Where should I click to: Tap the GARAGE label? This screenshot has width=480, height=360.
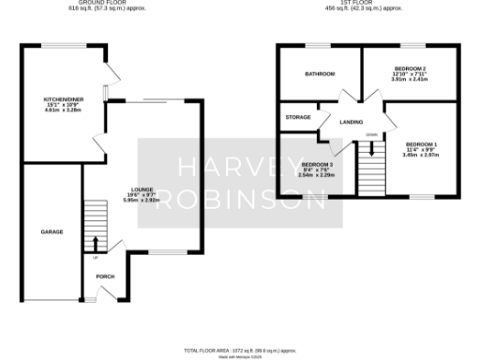(51, 231)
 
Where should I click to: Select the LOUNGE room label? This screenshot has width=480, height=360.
(142, 189)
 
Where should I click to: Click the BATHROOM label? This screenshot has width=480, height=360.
(320, 74)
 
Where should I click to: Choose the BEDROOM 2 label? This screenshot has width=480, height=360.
(410, 68)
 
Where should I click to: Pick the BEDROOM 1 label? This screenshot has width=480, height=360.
(415, 143)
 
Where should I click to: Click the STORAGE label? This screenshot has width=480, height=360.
(299, 117)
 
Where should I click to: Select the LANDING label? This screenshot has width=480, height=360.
(352, 122)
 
